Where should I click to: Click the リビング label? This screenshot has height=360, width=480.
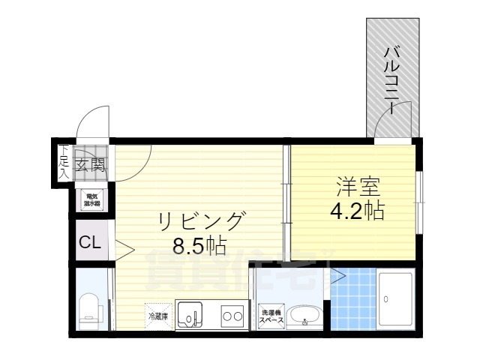pos(201,220)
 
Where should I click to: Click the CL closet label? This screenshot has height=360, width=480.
pos(90,242)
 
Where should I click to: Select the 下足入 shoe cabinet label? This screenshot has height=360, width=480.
pos(64,161)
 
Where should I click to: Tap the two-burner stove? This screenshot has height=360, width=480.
pos(231,316)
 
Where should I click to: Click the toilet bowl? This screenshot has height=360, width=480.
pos(87,307)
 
